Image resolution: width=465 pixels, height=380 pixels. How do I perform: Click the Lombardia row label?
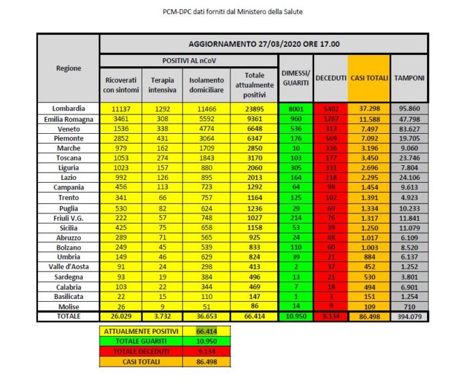click(69, 108)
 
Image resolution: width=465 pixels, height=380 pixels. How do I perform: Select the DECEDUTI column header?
click(330, 78)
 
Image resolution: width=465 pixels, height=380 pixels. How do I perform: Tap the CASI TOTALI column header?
click(369, 78)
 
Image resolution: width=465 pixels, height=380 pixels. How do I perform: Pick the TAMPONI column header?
click(409, 78)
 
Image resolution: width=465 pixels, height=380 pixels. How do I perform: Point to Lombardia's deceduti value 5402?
click(330, 108)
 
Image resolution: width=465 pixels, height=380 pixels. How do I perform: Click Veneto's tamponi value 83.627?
click(409, 128)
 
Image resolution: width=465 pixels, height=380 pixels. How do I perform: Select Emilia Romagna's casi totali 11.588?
click(369, 118)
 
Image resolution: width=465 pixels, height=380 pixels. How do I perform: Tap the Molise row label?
click(69, 306)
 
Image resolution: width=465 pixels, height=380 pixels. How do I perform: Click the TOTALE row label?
click(69, 316)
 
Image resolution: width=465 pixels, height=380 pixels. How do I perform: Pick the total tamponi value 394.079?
click(409, 316)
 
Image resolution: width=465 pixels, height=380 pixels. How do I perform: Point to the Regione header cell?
click(69, 68)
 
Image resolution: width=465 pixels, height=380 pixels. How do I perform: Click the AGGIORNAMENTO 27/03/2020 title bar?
click(263, 44)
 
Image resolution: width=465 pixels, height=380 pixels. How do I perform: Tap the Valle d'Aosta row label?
click(69, 266)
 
